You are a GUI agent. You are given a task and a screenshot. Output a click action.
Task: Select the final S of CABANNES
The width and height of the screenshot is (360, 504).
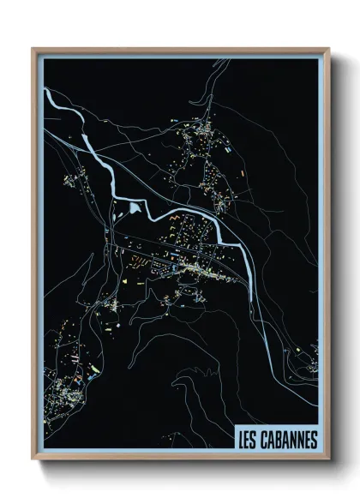click(x=314, y=440)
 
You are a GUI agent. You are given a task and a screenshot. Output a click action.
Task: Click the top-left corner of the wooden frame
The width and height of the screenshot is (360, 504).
click(x=33, y=49)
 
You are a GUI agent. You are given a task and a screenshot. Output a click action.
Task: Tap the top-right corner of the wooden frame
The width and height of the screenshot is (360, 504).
click(x=328, y=49)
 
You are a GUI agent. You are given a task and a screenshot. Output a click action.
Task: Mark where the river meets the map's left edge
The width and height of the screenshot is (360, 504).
click(x=43, y=89)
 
